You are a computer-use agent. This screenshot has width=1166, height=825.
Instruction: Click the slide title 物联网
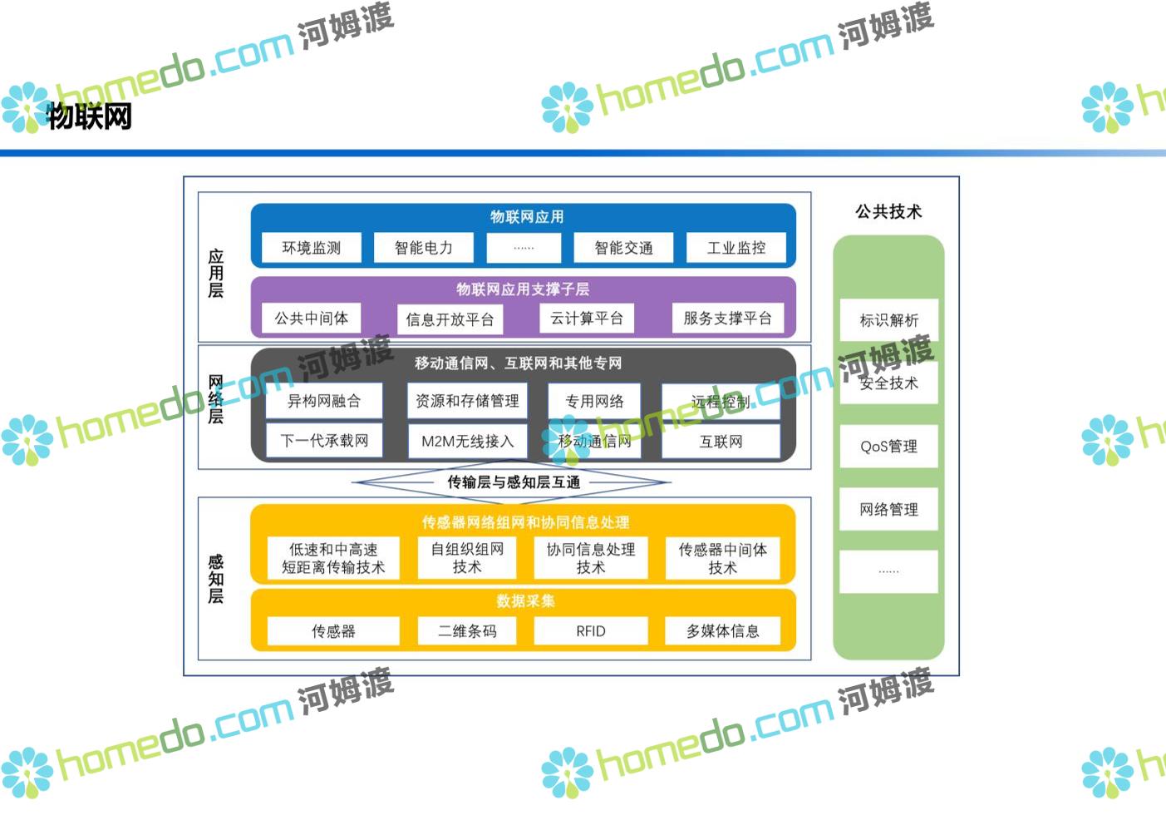[90, 116]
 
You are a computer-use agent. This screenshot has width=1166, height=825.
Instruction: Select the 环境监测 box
[311, 248]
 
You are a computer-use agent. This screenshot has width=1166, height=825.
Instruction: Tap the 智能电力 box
[423, 248]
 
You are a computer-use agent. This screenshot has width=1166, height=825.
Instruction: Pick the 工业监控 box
[736, 248]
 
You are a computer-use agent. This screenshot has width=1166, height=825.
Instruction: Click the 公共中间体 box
[311, 318]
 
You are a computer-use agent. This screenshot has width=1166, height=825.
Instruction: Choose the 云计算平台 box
[586, 318]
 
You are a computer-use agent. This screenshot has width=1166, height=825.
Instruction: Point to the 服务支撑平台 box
[727, 318]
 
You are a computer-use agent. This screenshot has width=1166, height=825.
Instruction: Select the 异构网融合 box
[323, 401]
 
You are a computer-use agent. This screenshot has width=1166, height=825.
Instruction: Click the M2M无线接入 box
[467, 441]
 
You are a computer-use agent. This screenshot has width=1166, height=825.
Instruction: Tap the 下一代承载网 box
[323, 441]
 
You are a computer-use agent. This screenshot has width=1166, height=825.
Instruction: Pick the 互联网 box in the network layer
[721, 441]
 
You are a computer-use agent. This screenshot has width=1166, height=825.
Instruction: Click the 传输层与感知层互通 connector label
[514, 482]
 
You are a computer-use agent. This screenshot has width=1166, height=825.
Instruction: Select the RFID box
[590, 631]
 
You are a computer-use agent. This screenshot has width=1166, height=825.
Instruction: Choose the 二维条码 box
[467, 631]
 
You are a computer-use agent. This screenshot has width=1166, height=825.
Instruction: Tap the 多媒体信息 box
[722, 631]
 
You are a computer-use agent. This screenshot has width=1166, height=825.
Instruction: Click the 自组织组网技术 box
[467, 558]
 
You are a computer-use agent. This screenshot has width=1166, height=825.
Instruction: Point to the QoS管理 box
[888, 447]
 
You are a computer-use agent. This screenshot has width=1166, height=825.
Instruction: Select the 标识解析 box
[888, 320]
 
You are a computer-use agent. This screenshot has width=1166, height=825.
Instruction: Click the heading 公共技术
[888, 211]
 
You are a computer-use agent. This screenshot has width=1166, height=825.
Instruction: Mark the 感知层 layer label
[215, 579]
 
